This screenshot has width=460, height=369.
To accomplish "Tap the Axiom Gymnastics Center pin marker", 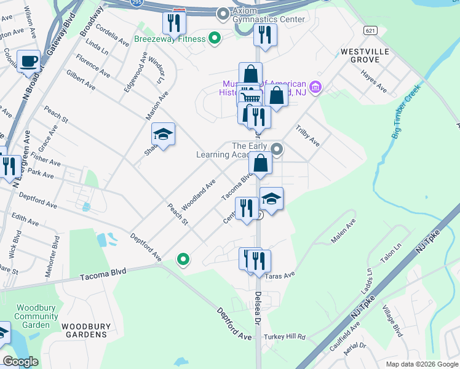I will click(223, 12).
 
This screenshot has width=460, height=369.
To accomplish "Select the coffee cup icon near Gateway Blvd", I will click(28, 61).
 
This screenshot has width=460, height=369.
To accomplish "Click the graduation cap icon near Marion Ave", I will click(163, 135).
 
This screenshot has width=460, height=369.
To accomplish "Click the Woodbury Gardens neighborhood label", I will click(84, 335).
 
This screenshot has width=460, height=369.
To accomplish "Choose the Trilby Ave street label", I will click(308, 136).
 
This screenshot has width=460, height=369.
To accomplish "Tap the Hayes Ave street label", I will click(374, 85).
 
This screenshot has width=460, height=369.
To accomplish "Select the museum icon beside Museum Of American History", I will click(316, 88).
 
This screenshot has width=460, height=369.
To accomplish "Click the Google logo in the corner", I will click(20, 362).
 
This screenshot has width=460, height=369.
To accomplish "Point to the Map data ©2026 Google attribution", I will click(421, 364).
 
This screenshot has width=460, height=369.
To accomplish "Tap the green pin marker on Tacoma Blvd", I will click(183, 260).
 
